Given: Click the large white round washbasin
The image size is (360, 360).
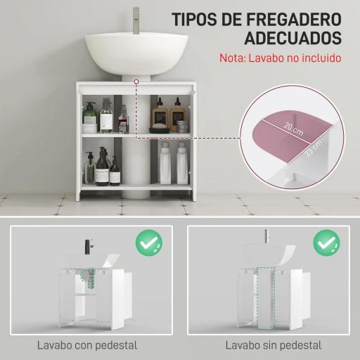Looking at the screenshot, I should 134,53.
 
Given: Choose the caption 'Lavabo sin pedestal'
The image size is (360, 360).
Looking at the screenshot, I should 274,345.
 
